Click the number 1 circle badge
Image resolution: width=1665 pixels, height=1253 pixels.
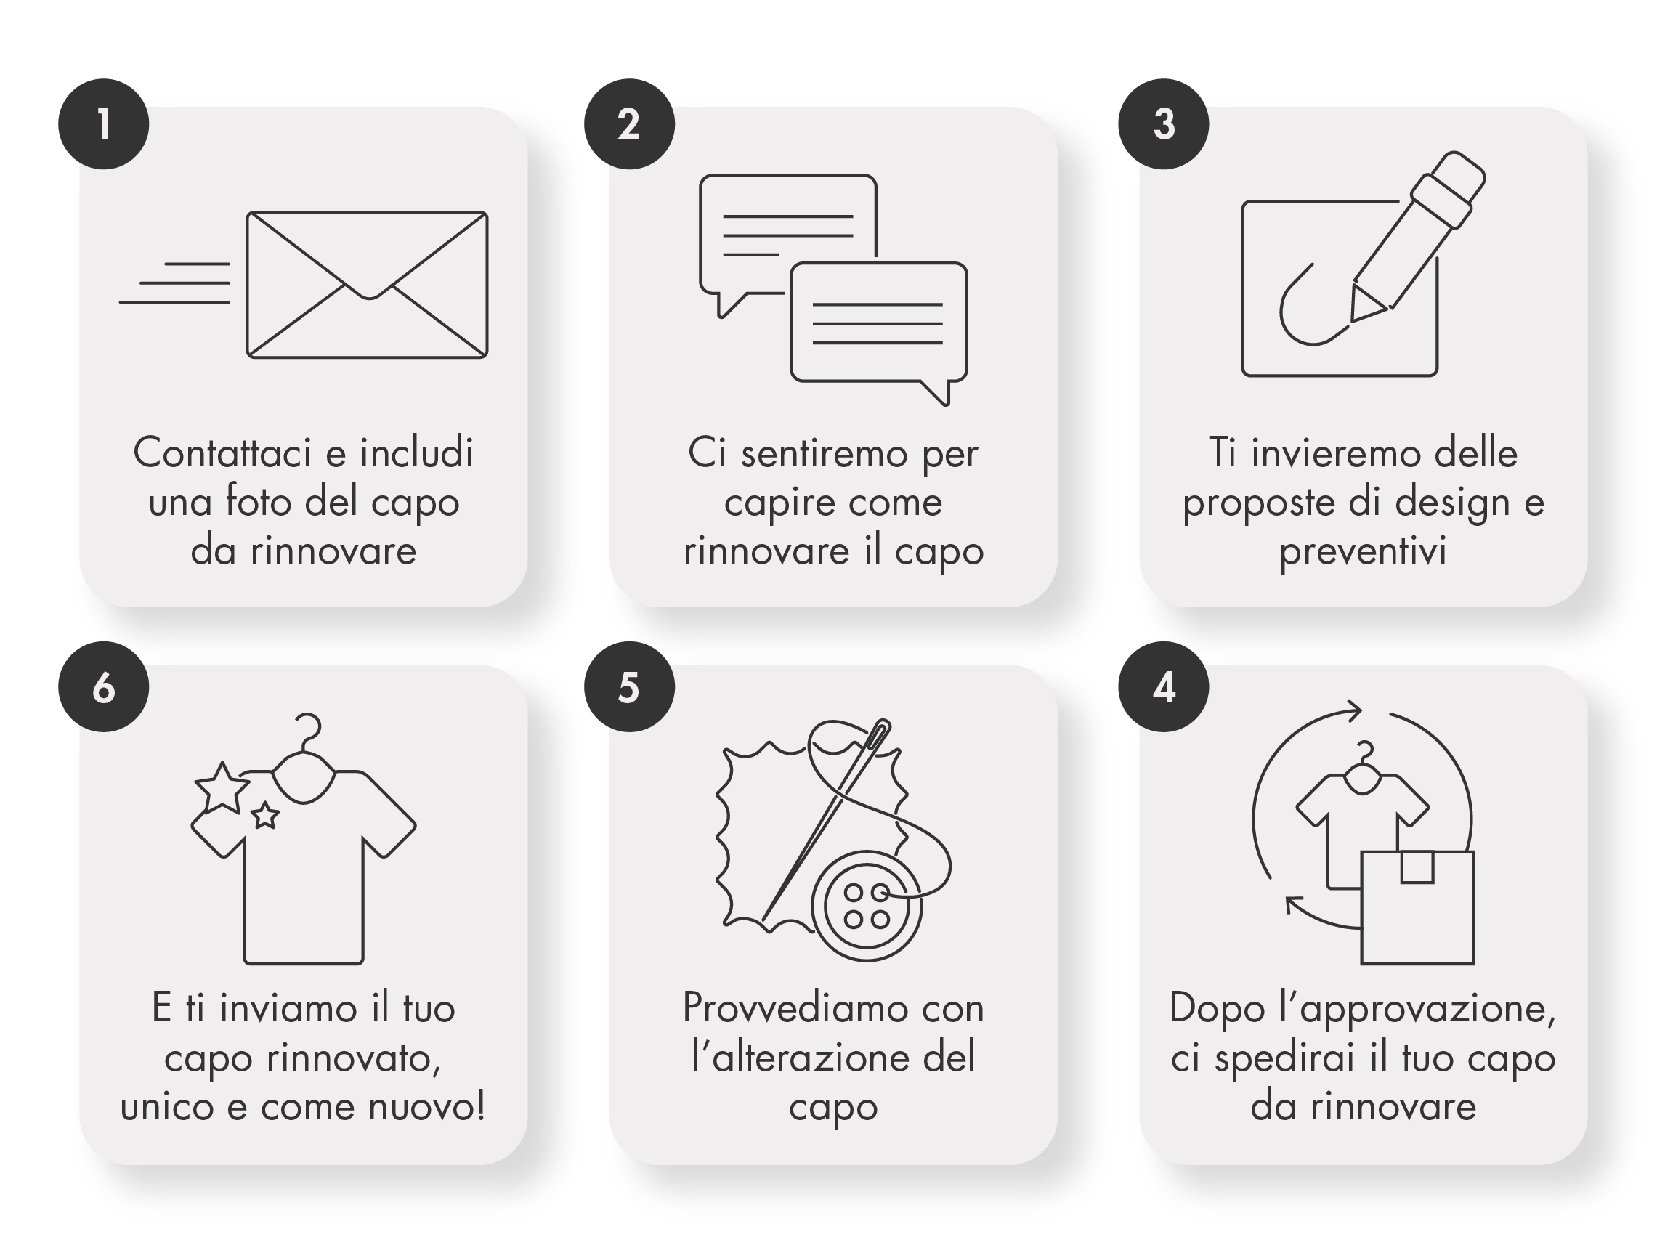click(104, 124)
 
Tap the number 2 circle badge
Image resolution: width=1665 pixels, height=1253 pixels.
click(629, 124)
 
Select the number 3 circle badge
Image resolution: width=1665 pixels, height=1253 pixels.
click(1164, 124)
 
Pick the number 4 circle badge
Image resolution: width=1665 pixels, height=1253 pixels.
click(1164, 686)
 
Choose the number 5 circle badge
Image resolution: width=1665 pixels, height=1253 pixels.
click(629, 686)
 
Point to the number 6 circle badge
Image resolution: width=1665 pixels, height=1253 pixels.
click(104, 686)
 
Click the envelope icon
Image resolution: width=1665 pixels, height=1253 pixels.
click(368, 285)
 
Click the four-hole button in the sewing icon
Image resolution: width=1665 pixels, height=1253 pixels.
click(867, 905)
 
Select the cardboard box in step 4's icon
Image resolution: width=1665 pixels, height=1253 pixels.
click(1417, 907)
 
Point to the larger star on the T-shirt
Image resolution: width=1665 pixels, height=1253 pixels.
click(222, 788)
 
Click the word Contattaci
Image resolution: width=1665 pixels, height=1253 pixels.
click(222, 453)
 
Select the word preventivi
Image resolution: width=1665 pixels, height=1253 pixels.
click(1362, 552)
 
